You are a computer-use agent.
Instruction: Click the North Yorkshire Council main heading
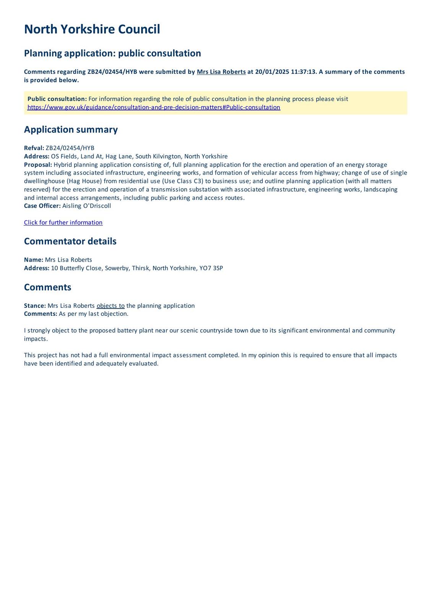[92, 29]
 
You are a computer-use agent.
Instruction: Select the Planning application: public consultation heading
[112, 53]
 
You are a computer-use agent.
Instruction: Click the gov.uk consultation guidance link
[154, 107]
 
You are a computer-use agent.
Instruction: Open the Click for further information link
[63, 223]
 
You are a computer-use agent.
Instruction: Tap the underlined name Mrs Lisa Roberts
[221, 72]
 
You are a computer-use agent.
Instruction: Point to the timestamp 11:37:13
[304, 72]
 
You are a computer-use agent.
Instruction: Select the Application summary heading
[71, 129]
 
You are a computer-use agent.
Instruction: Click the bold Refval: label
[34, 148]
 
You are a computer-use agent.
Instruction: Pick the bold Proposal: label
[38, 165]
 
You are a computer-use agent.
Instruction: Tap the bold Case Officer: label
[42, 206]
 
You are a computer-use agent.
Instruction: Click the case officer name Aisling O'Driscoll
[86, 206]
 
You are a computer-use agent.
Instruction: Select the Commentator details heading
[70, 241]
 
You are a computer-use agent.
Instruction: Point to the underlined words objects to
[110, 306]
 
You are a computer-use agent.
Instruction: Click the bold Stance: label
[35, 306]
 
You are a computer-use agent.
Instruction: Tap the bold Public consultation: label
[57, 99]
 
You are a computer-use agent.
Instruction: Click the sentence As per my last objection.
[93, 314]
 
